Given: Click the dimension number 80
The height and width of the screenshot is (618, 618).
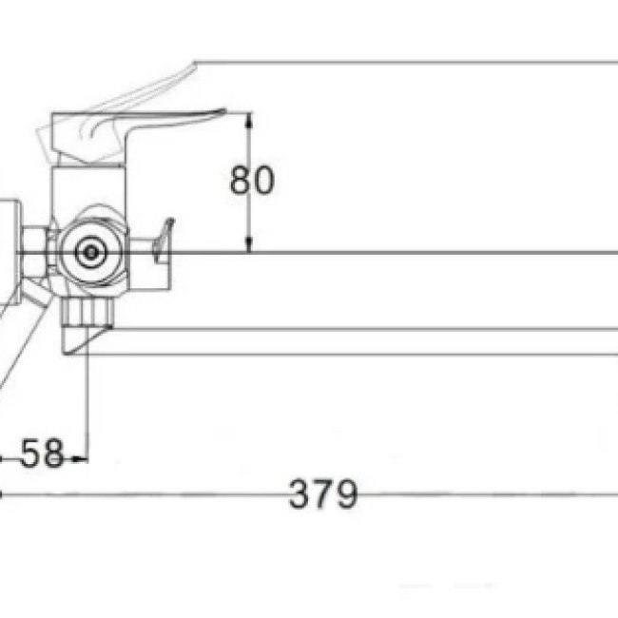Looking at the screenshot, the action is [252, 180].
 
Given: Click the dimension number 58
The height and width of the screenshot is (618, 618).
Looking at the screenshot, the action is [42, 453].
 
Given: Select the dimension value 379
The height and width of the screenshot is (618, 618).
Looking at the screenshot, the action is [323, 493].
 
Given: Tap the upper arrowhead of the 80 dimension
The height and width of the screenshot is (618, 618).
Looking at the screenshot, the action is [248, 121].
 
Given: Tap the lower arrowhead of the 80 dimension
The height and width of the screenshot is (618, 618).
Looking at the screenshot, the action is [248, 244].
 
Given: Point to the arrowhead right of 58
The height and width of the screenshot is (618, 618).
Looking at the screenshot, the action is [80, 459].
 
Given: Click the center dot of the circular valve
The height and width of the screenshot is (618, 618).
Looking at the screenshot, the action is [91, 252].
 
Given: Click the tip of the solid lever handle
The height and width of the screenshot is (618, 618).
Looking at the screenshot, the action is [224, 111].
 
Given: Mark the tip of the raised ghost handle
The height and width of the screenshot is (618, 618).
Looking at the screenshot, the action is [194, 64].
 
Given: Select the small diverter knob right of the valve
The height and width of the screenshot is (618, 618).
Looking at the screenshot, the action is [164, 241].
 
